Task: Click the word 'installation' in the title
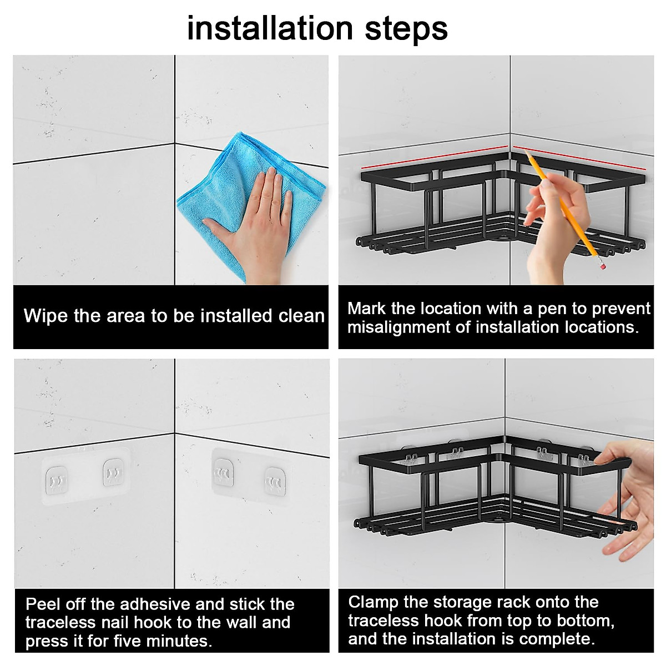(x=270, y=28)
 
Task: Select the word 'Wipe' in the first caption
(x=46, y=316)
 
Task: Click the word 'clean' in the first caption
(x=301, y=316)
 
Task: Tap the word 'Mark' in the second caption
(x=366, y=308)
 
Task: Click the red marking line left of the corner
(x=434, y=158)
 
